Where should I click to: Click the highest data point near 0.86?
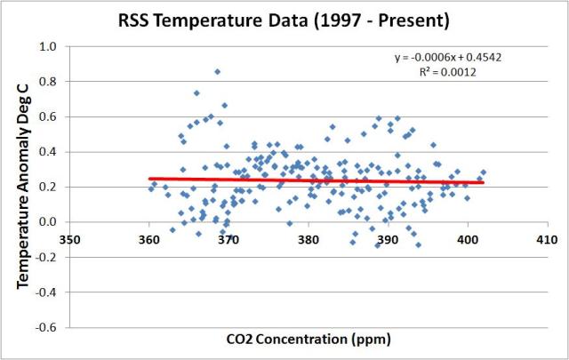tap(217, 71)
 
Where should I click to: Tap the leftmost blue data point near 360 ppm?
tap(151, 188)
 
